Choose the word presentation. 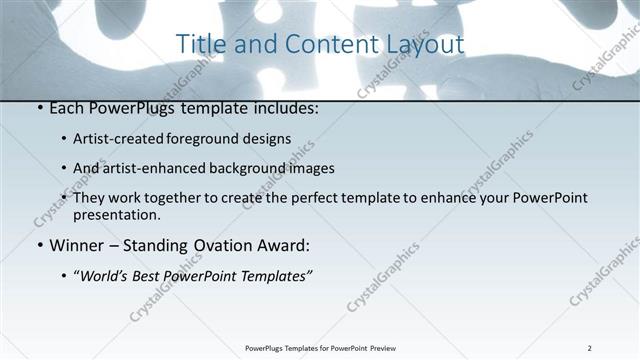click(116, 214)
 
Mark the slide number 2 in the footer click(590, 348)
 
